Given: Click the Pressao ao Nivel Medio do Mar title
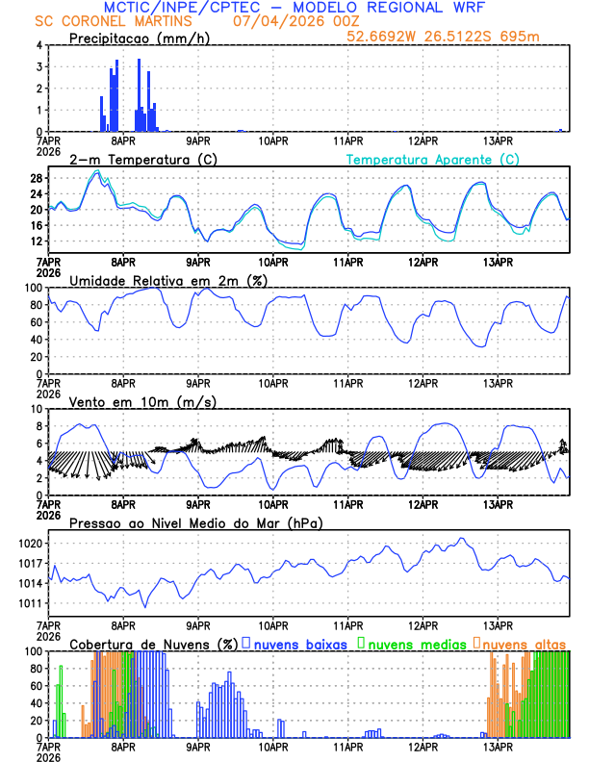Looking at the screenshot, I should click(x=195, y=522).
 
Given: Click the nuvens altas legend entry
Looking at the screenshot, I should click(x=524, y=644).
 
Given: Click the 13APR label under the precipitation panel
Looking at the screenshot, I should click(x=498, y=140).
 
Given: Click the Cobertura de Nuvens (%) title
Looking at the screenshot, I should click(x=153, y=644).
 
